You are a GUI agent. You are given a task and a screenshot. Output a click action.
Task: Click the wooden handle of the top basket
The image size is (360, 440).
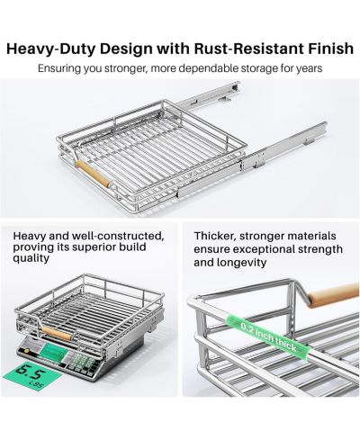(x=94, y=175)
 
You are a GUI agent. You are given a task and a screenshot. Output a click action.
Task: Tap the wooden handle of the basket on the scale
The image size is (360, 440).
(x=57, y=334)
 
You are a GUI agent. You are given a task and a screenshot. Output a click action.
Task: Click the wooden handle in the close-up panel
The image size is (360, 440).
(x=333, y=295)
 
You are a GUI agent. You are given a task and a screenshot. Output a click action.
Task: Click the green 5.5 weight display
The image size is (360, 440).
(x=32, y=375)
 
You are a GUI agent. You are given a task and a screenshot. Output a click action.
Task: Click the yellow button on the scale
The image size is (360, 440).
(x=27, y=351)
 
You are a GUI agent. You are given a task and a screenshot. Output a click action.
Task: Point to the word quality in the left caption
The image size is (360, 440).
(x=31, y=258)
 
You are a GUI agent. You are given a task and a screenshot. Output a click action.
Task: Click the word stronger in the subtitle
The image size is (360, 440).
(x=126, y=69)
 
